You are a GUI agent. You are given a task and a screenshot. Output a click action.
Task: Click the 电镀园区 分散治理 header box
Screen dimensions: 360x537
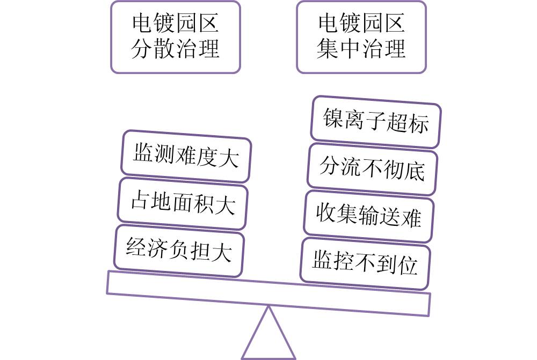pyautogui.click(x=175, y=36)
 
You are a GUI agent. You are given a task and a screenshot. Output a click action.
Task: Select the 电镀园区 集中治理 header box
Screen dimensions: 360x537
pyautogui.click(x=361, y=36)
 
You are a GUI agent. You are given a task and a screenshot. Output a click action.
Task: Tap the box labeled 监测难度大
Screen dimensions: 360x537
pyautogui.click(x=186, y=156)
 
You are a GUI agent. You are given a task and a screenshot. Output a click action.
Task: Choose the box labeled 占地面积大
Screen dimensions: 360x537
pyautogui.click(x=183, y=203)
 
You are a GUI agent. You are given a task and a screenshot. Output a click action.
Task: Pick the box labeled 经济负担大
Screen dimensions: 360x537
pyautogui.click(x=179, y=251)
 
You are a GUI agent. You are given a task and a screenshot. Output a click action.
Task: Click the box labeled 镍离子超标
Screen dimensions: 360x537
pyautogui.click(x=376, y=122)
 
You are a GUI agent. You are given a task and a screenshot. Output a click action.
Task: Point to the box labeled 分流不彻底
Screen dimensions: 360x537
pyautogui.click(x=372, y=169)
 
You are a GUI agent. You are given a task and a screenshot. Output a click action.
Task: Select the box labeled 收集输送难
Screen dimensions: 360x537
pyautogui.click(x=369, y=216)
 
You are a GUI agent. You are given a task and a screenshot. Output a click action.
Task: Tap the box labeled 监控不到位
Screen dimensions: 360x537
pyautogui.click(x=365, y=263)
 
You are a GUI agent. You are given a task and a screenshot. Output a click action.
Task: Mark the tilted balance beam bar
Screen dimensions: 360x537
pyautogui.click(x=268, y=293)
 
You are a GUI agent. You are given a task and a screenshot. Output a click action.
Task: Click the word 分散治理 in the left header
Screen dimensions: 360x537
pyautogui.click(x=175, y=49)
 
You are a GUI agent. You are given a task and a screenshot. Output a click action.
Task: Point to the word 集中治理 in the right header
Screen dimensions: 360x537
pyautogui.click(x=361, y=49)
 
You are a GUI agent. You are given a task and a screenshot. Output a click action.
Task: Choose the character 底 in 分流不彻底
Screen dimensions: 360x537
pyautogui.click(x=414, y=171)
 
